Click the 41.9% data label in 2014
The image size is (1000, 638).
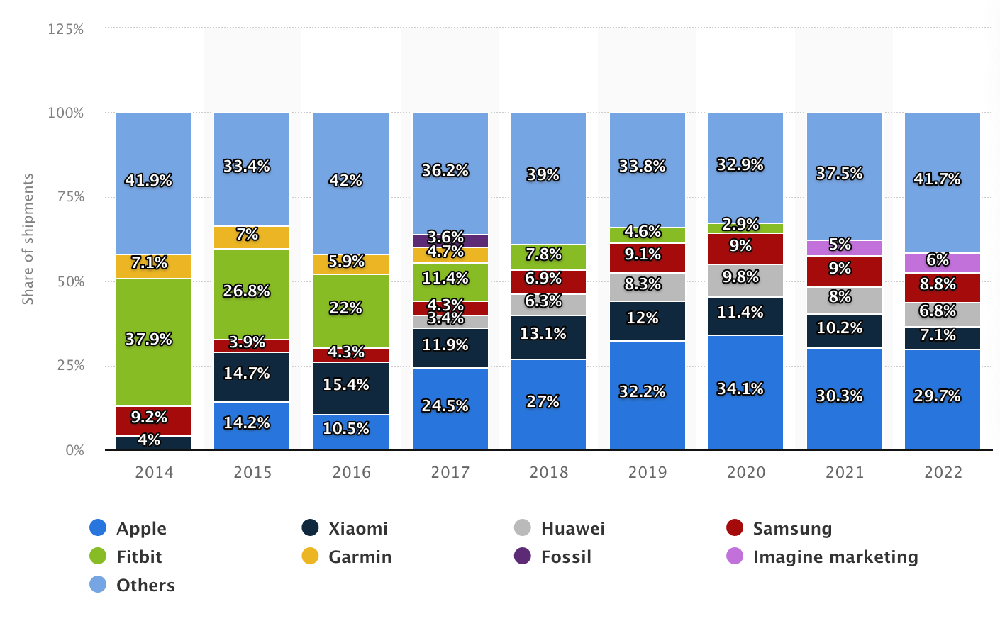pos(149,181)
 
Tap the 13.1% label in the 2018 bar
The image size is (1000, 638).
pos(543,334)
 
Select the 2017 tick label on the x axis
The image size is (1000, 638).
pos(450,473)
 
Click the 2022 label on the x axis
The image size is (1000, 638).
pos(943,473)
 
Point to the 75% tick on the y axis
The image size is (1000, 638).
pos(70,197)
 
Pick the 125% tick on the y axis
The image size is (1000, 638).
pos(66,29)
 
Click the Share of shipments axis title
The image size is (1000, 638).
pos(28,239)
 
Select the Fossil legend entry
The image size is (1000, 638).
pos(565,557)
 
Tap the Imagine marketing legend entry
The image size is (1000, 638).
pos(835,557)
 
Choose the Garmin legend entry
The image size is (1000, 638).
pos(360,557)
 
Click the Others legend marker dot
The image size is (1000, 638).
pos(98,585)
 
